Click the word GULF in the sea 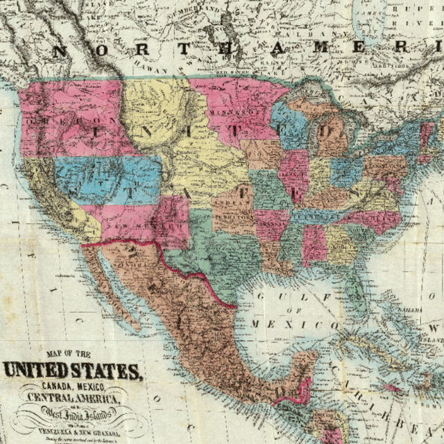pos(274,297)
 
